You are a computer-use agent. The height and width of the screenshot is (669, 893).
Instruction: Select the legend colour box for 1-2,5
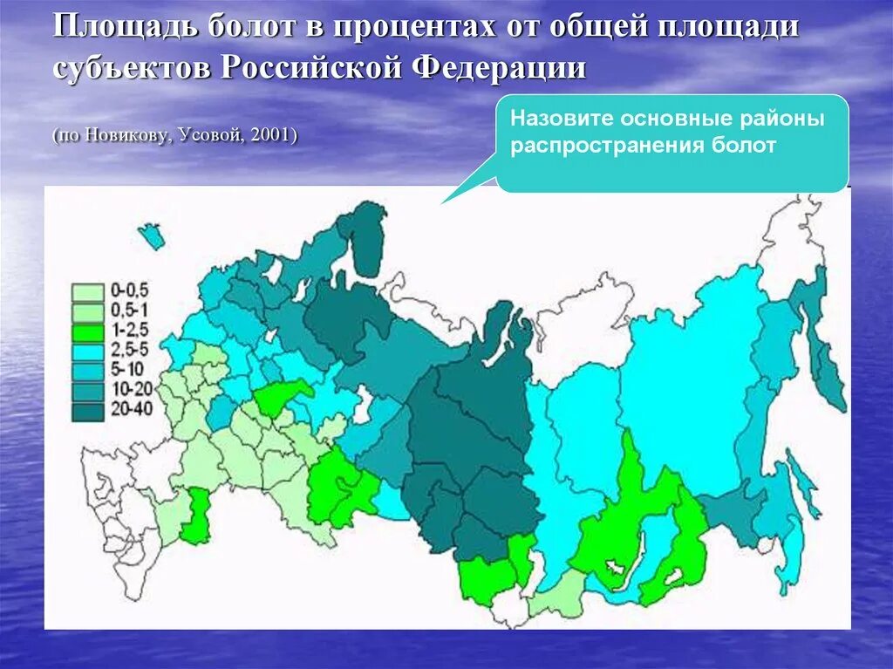[x=87, y=331]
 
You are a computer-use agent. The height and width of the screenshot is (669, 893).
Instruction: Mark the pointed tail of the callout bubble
[x=444, y=201]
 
